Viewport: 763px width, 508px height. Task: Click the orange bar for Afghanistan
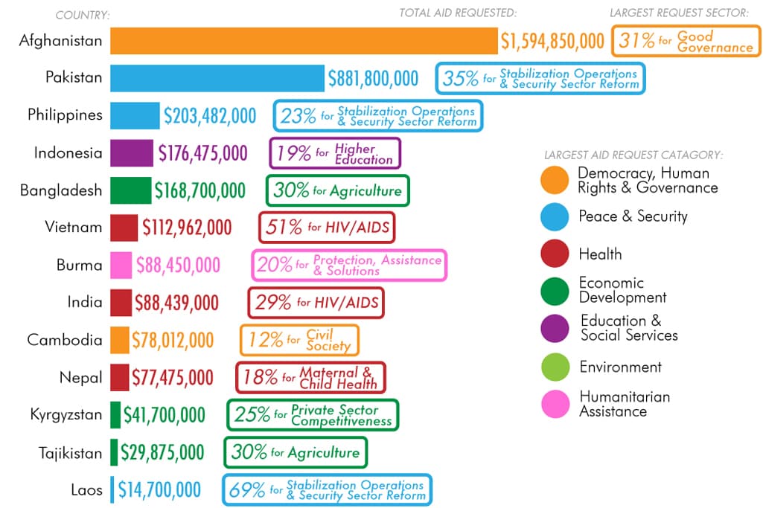[x=304, y=41]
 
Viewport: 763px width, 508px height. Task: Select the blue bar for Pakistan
[x=217, y=78]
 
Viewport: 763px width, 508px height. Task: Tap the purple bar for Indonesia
[x=132, y=153]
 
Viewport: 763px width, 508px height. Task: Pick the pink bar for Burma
[x=121, y=265]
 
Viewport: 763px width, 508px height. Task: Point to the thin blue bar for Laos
[x=112, y=489]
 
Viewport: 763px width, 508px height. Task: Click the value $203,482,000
[x=210, y=116]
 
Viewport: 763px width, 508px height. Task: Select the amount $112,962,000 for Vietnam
[x=187, y=228]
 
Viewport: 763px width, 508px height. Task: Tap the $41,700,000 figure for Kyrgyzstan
[x=164, y=415]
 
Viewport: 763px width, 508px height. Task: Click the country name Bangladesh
[x=61, y=190]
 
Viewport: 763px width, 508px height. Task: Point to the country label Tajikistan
[x=70, y=452]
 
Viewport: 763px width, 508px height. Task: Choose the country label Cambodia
[x=65, y=340]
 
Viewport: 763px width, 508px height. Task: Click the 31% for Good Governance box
[x=686, y=41]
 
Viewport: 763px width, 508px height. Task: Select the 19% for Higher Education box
[x=335, y=153]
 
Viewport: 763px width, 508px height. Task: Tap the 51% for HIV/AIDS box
[x=327, y=228]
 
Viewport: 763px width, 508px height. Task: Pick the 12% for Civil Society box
[x=299, y=340]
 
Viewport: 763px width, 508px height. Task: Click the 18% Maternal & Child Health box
[x=310, y=377]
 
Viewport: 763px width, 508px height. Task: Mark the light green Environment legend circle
[x=555, y=367]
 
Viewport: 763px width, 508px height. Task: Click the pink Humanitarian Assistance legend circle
[x=555, y=404]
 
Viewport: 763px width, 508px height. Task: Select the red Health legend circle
[x=555, y=254]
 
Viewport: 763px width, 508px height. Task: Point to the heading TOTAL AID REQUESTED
[x=458, y=13]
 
